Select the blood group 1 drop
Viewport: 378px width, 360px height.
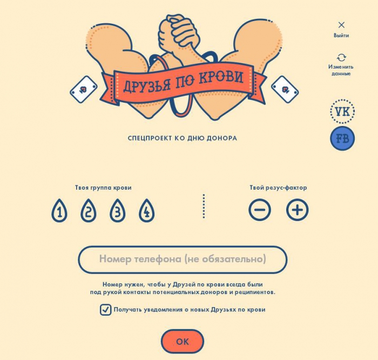59,210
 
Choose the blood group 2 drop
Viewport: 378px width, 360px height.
89,210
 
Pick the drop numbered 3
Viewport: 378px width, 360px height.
117,210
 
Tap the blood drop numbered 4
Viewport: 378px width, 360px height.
147,210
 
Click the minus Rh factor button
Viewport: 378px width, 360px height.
260,210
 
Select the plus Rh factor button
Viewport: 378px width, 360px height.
297,210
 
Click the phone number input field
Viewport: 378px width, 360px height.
183,259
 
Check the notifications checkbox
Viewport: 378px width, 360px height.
105,310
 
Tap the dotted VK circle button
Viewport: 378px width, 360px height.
342,111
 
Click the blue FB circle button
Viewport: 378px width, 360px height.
342,138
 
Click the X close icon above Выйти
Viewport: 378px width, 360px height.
341,25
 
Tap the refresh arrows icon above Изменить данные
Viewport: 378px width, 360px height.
341,58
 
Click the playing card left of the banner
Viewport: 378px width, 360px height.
84,90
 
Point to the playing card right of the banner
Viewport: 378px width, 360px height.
285,90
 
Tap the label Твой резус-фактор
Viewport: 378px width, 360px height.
278,188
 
